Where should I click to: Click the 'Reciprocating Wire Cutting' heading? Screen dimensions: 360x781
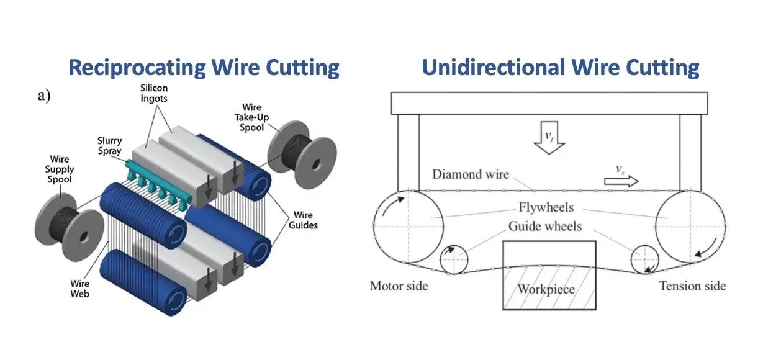[204, 67]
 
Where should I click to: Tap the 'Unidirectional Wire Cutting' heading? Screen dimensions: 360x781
[561, 67]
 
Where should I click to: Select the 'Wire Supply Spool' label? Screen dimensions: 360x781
[60, 169]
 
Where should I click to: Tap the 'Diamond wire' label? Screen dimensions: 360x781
[470, 174]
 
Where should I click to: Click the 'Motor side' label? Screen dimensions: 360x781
[399, 286]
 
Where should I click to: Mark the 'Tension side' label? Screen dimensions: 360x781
[692, 286]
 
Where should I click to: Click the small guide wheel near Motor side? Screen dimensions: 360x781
[454, 257]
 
